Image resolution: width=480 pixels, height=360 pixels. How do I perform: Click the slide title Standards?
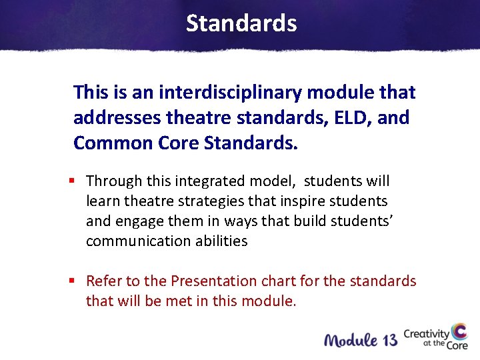point(241,23)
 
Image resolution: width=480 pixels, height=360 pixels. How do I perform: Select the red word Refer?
point(104,281)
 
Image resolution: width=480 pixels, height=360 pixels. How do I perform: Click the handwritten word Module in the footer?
point(351,339)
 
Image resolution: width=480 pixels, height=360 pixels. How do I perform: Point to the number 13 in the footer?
point(391,339)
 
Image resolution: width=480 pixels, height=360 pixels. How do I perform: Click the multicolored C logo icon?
point(459,333)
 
